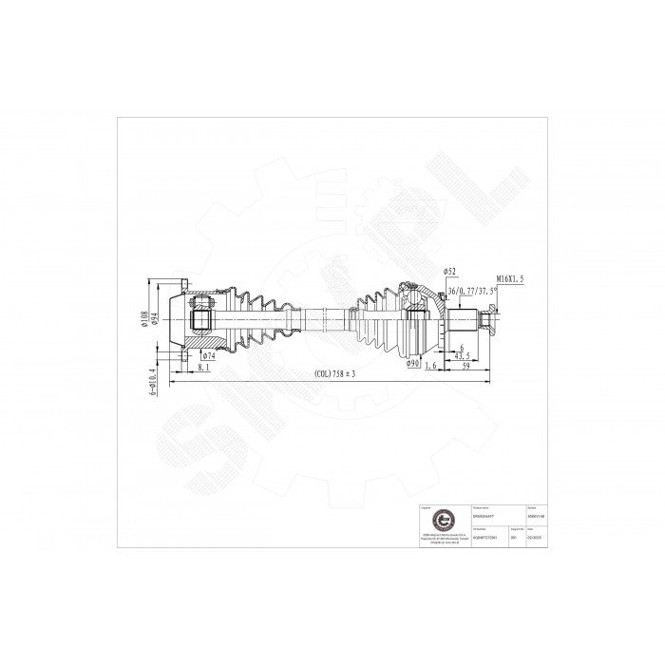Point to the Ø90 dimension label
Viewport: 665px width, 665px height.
[x=413, y=363]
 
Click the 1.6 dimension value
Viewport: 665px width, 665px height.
[x=432, y=366]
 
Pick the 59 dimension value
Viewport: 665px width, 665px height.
[x=466, y=366]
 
